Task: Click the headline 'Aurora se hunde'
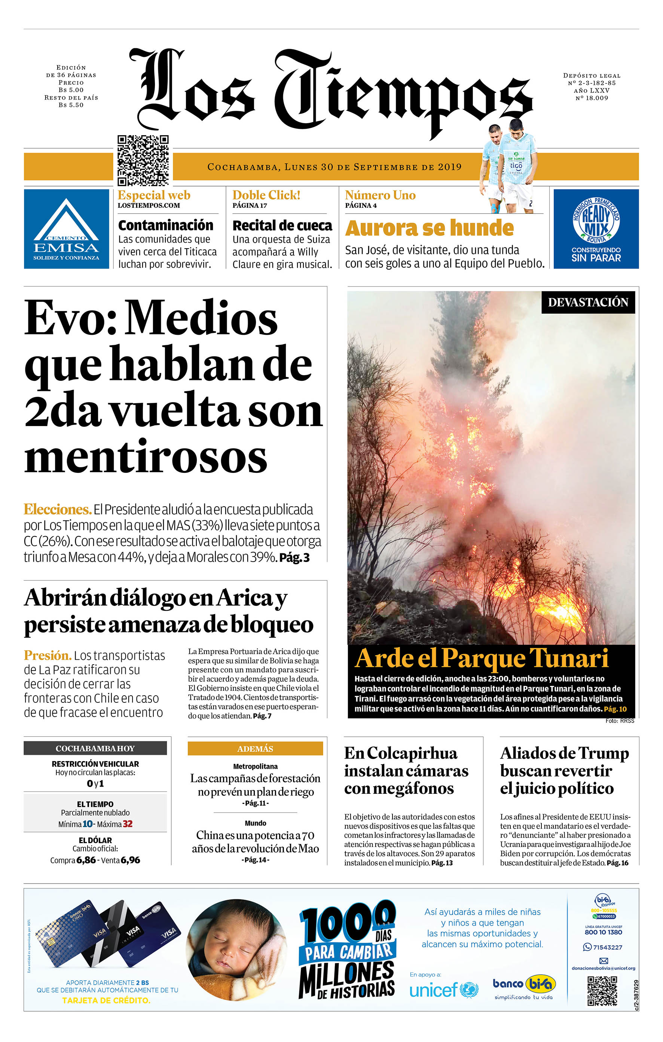point(429,228)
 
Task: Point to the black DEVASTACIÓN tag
point(588,302)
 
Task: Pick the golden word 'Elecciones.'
point(58,509)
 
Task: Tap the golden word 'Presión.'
point(48,655)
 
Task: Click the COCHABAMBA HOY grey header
point(95,748)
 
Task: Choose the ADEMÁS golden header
point(255,748)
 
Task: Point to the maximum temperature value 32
point(127,824)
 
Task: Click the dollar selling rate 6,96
point(130,860)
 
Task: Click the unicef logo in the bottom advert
point(444,990)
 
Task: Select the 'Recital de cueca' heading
point(282,225)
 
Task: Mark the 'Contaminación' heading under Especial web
point(166,225)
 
